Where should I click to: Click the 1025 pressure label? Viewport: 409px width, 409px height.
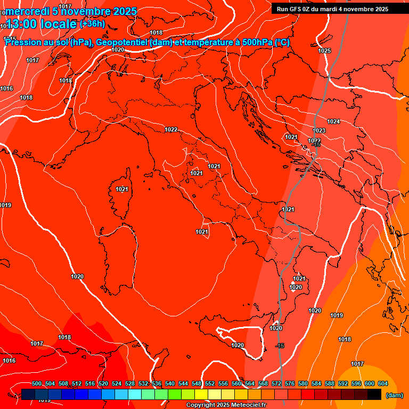[324, 51]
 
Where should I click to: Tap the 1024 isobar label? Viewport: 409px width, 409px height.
[333, 121]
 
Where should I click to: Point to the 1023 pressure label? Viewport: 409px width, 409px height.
[320, 130]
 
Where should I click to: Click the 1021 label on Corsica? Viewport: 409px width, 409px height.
[122, 189]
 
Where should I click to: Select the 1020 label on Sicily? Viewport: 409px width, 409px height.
[238, 345]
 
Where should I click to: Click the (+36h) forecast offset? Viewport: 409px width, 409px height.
[92, 24]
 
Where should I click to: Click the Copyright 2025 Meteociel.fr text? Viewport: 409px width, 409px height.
[226, 405]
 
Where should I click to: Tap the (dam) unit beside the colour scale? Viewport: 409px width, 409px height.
[394, 395]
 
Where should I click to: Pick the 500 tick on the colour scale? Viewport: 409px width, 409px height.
[37, 384]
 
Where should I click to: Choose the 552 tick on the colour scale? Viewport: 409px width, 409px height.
[210, 384]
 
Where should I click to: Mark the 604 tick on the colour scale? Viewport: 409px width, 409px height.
[382, 384]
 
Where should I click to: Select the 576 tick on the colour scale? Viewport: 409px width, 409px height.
[290, 384]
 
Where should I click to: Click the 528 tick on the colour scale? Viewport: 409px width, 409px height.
[130, 384]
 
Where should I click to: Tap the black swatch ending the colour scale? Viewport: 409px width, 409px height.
[374, 394]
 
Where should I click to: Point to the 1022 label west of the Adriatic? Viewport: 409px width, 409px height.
[171, 129]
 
